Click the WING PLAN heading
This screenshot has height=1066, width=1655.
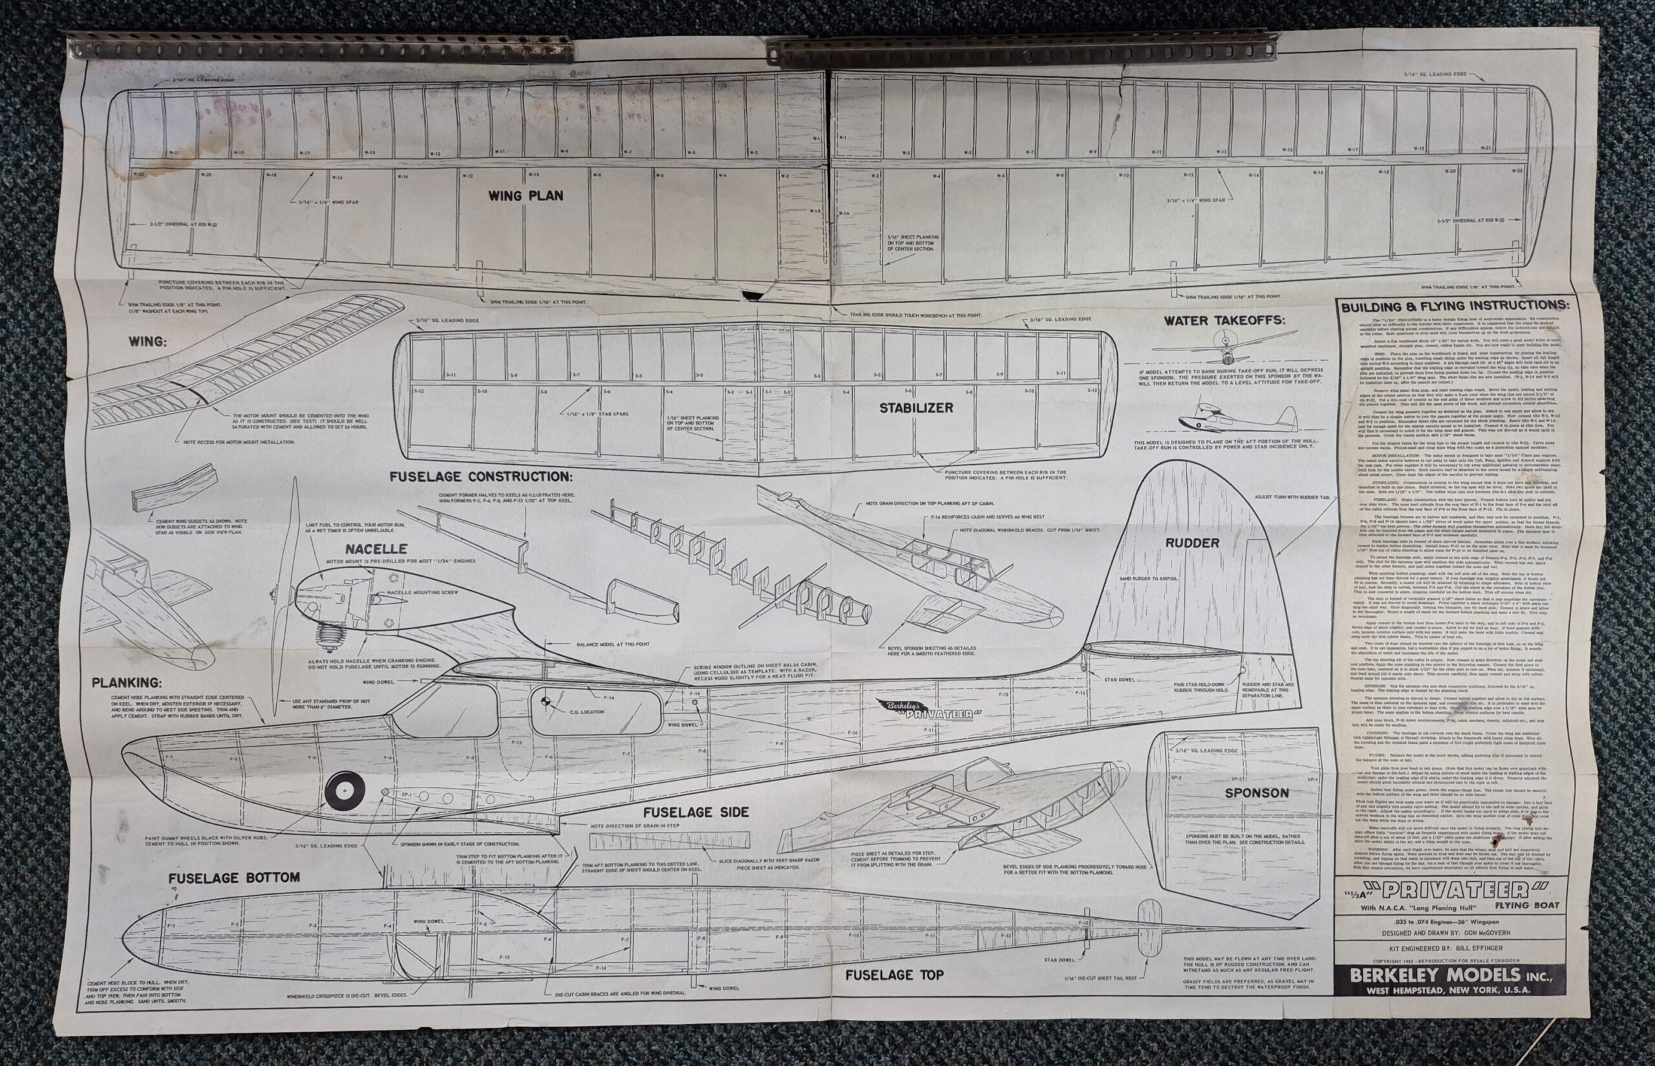pyautogui.click(x=526, y=196)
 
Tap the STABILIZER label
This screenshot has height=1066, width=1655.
pyautogui.click(x=916, y=408)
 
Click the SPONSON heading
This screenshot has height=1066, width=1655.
pyautogui.click(x=1256, y=793)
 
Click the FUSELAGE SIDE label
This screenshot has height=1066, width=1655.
pyautogui.click(x=696, y=812)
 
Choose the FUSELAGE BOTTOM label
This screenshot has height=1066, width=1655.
pyautogui.click(x=234, y=877)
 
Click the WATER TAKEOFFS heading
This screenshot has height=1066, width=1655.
pyautogui.click(x=1224, y=321)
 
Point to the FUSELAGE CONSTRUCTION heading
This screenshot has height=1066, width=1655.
pyautogui.click(x=481, y=476)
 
